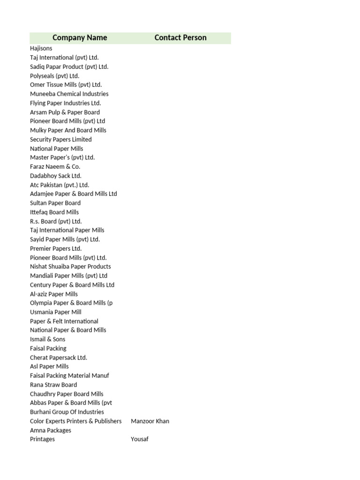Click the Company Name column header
(80, 38)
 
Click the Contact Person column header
(180, 38)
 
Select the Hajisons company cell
(41, 48)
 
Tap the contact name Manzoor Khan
(150, 421)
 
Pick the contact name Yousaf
(140, 439)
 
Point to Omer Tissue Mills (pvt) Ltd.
(66, 85)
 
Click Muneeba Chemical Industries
(69, 94)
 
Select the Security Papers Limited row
(61, 139)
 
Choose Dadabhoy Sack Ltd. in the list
(56, 176)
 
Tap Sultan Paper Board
(55, 203)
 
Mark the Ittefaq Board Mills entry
(54, 212)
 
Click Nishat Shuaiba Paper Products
(70, 266)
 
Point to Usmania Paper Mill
(56, 312)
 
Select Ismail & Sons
(48, 339)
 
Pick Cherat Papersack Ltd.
(59, 357)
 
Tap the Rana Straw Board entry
(53, 384)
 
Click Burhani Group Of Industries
(67, 412)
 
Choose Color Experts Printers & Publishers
(76, 421)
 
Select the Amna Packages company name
(51, 430)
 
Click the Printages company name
(42, 439)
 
